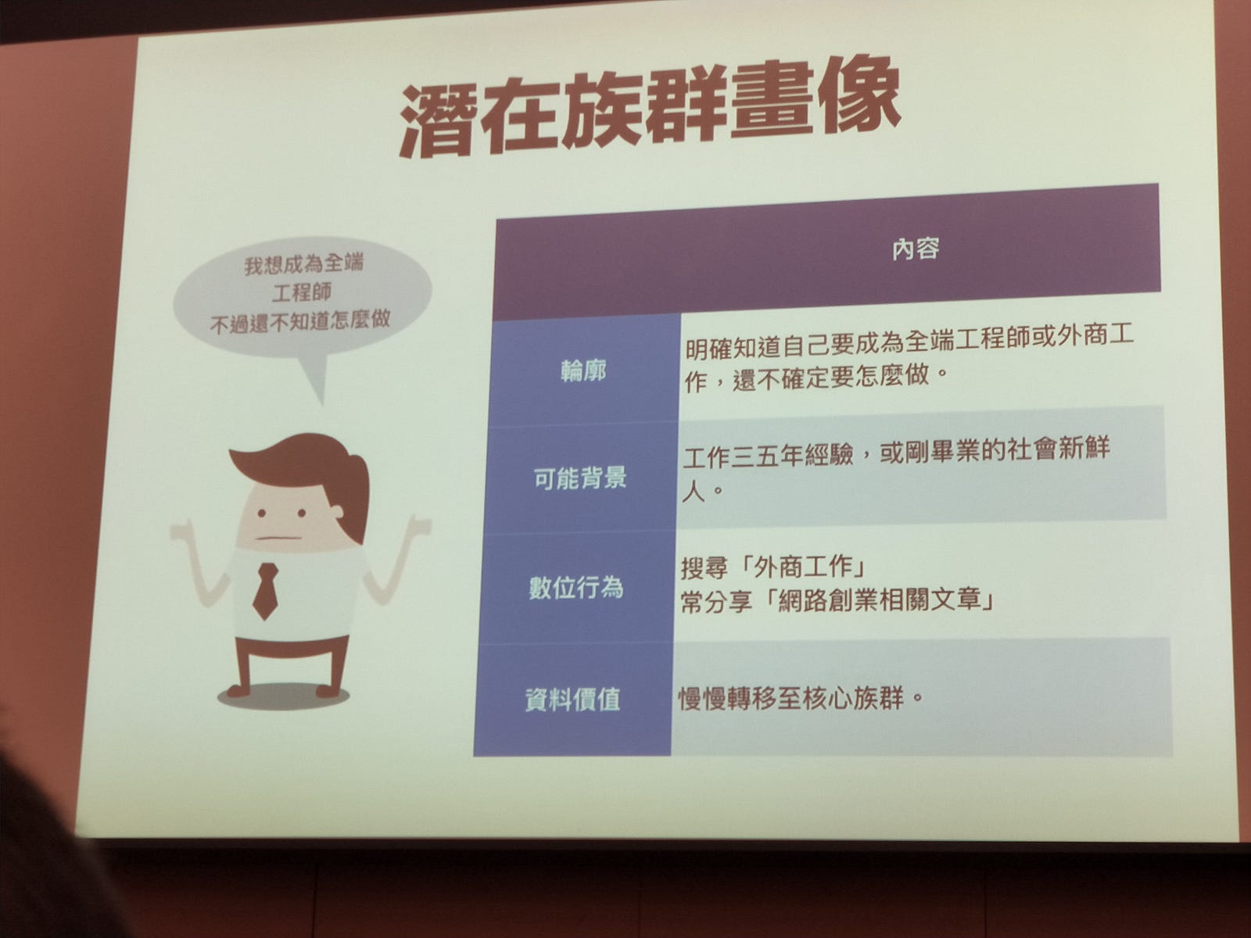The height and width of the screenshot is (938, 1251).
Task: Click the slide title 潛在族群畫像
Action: (649, 109)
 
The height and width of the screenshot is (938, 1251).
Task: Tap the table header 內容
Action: (916, 249)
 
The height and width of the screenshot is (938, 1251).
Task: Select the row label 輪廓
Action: (583, 371)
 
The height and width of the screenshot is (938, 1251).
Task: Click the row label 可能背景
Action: (580, 478)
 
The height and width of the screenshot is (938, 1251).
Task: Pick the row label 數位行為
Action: (576, 587)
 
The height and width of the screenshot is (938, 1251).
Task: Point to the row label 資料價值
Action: (573, 700)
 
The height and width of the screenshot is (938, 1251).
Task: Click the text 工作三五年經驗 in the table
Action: (769, 456)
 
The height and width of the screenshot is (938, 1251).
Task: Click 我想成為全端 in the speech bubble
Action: (304, 264)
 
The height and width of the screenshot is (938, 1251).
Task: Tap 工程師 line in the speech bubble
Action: (302, 292)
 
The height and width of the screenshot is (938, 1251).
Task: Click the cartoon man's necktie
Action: (265, 591)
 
